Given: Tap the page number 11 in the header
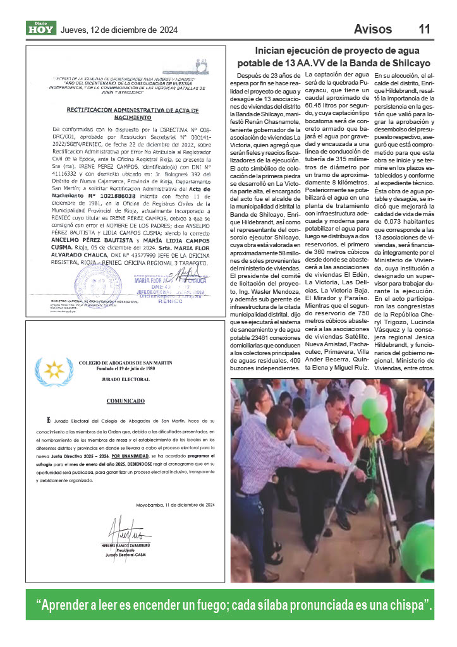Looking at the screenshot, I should [425, 29].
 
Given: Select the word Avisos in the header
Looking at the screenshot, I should [373, 29].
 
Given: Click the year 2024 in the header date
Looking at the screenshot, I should [168, 30].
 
